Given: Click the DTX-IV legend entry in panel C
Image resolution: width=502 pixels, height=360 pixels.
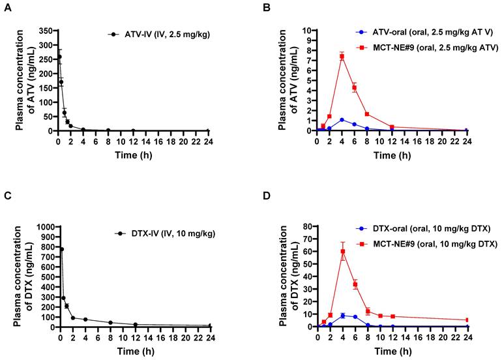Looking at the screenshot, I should click(147, 233).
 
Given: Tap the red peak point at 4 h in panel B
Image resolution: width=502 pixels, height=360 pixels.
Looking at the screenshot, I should click(342, 57).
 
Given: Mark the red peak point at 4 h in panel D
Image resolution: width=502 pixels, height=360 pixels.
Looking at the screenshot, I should click(342, 251).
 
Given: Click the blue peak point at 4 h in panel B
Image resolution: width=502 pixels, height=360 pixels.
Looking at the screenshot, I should click(342, 120).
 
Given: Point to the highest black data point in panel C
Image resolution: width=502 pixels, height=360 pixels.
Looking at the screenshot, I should click(61, 249).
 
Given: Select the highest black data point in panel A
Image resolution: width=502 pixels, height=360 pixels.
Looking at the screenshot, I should click(59, 57).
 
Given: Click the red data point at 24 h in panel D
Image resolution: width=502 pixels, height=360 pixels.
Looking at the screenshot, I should click(467, 320).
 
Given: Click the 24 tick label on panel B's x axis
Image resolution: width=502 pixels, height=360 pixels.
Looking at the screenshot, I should click(467, 141).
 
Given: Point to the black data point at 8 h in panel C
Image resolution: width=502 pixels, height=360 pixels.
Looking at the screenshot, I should click(110, 322).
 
